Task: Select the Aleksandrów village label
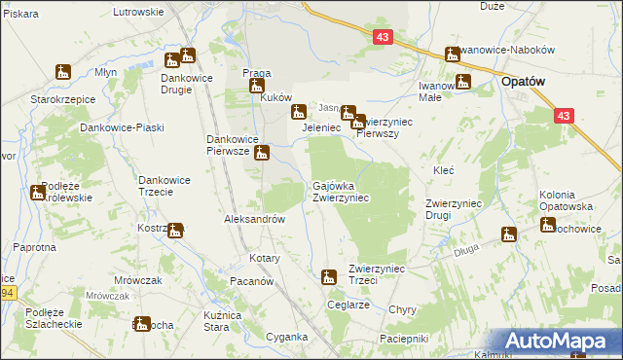click(255, 220)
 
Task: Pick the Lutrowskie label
click(138, 12)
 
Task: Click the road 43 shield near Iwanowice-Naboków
click(383, 37)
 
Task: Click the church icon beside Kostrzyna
click(174, 231)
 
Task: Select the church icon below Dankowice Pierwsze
click(262, 153)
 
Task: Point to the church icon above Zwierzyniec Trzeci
click(329, 277)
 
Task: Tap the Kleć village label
click(444, 170)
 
